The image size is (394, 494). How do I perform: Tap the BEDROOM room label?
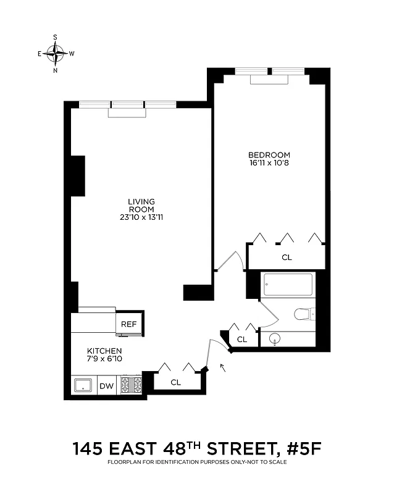pyautogui.click(x=269, y=155)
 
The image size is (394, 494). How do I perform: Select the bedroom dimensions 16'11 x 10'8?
pyautogui.click(x=269, y=164)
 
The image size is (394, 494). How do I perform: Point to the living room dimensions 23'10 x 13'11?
pyautogui.click(x=141, y=217)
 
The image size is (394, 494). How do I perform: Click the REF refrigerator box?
pyautogui.click(x=128, y=324)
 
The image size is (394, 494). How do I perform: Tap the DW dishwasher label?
pyautogui.click(x=107, y=386)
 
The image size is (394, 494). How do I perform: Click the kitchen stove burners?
pyautogui.click(x=131, y=385)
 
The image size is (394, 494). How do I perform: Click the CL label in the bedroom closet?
pyautogui.click(x=287, y=257)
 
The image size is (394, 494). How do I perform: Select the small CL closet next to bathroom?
pyautogui.click(x=242, y=339)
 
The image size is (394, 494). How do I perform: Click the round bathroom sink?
pyautogui.click(x=275, y=338)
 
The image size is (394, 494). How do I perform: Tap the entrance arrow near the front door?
pyautogui.click(x=222, y=369)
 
